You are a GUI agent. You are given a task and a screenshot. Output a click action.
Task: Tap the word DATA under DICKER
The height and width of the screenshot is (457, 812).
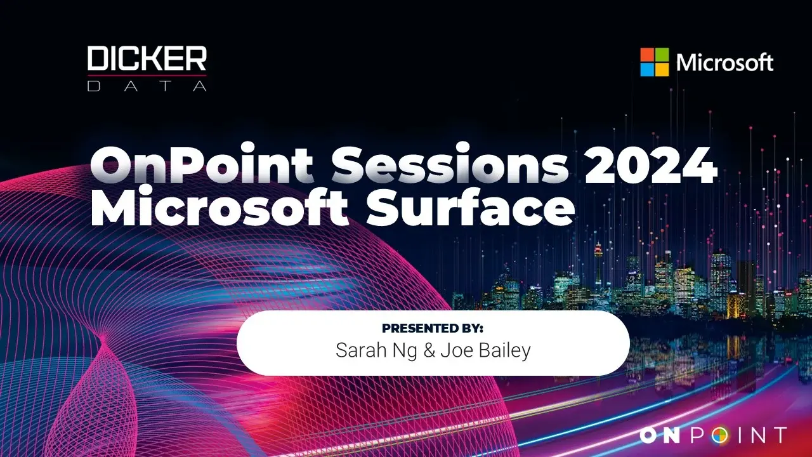(x=147, y=86)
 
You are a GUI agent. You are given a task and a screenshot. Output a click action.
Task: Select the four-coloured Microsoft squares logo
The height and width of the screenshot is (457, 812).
(x=654, y=62)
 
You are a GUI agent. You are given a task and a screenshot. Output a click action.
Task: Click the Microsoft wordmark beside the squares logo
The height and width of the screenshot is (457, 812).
(x=724, y=62)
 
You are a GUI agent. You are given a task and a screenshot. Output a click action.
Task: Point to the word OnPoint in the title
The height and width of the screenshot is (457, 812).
(x=202, y=164)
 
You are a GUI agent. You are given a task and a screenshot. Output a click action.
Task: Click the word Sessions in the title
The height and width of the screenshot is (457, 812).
(x=450, y=164)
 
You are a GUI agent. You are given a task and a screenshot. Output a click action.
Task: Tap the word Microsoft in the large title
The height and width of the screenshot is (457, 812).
(x=219, y=208)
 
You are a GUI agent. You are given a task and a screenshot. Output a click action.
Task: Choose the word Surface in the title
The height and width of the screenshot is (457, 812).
(x=471, y=208)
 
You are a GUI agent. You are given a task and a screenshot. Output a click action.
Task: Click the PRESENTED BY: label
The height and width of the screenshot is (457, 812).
(x=433, y=328)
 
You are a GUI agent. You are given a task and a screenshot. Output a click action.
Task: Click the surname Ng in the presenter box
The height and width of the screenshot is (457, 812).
(x=400, y=352)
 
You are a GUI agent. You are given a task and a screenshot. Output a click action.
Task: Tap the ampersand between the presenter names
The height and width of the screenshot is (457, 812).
(x=429, y=351)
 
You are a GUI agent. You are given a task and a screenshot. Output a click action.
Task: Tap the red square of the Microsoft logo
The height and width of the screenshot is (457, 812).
(x=647, y=55)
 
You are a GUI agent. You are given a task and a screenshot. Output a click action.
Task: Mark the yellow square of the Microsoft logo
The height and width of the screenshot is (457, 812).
(x=662, y=70)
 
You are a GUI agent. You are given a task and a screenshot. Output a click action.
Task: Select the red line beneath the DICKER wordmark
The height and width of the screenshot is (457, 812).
(x=147, y=76)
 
